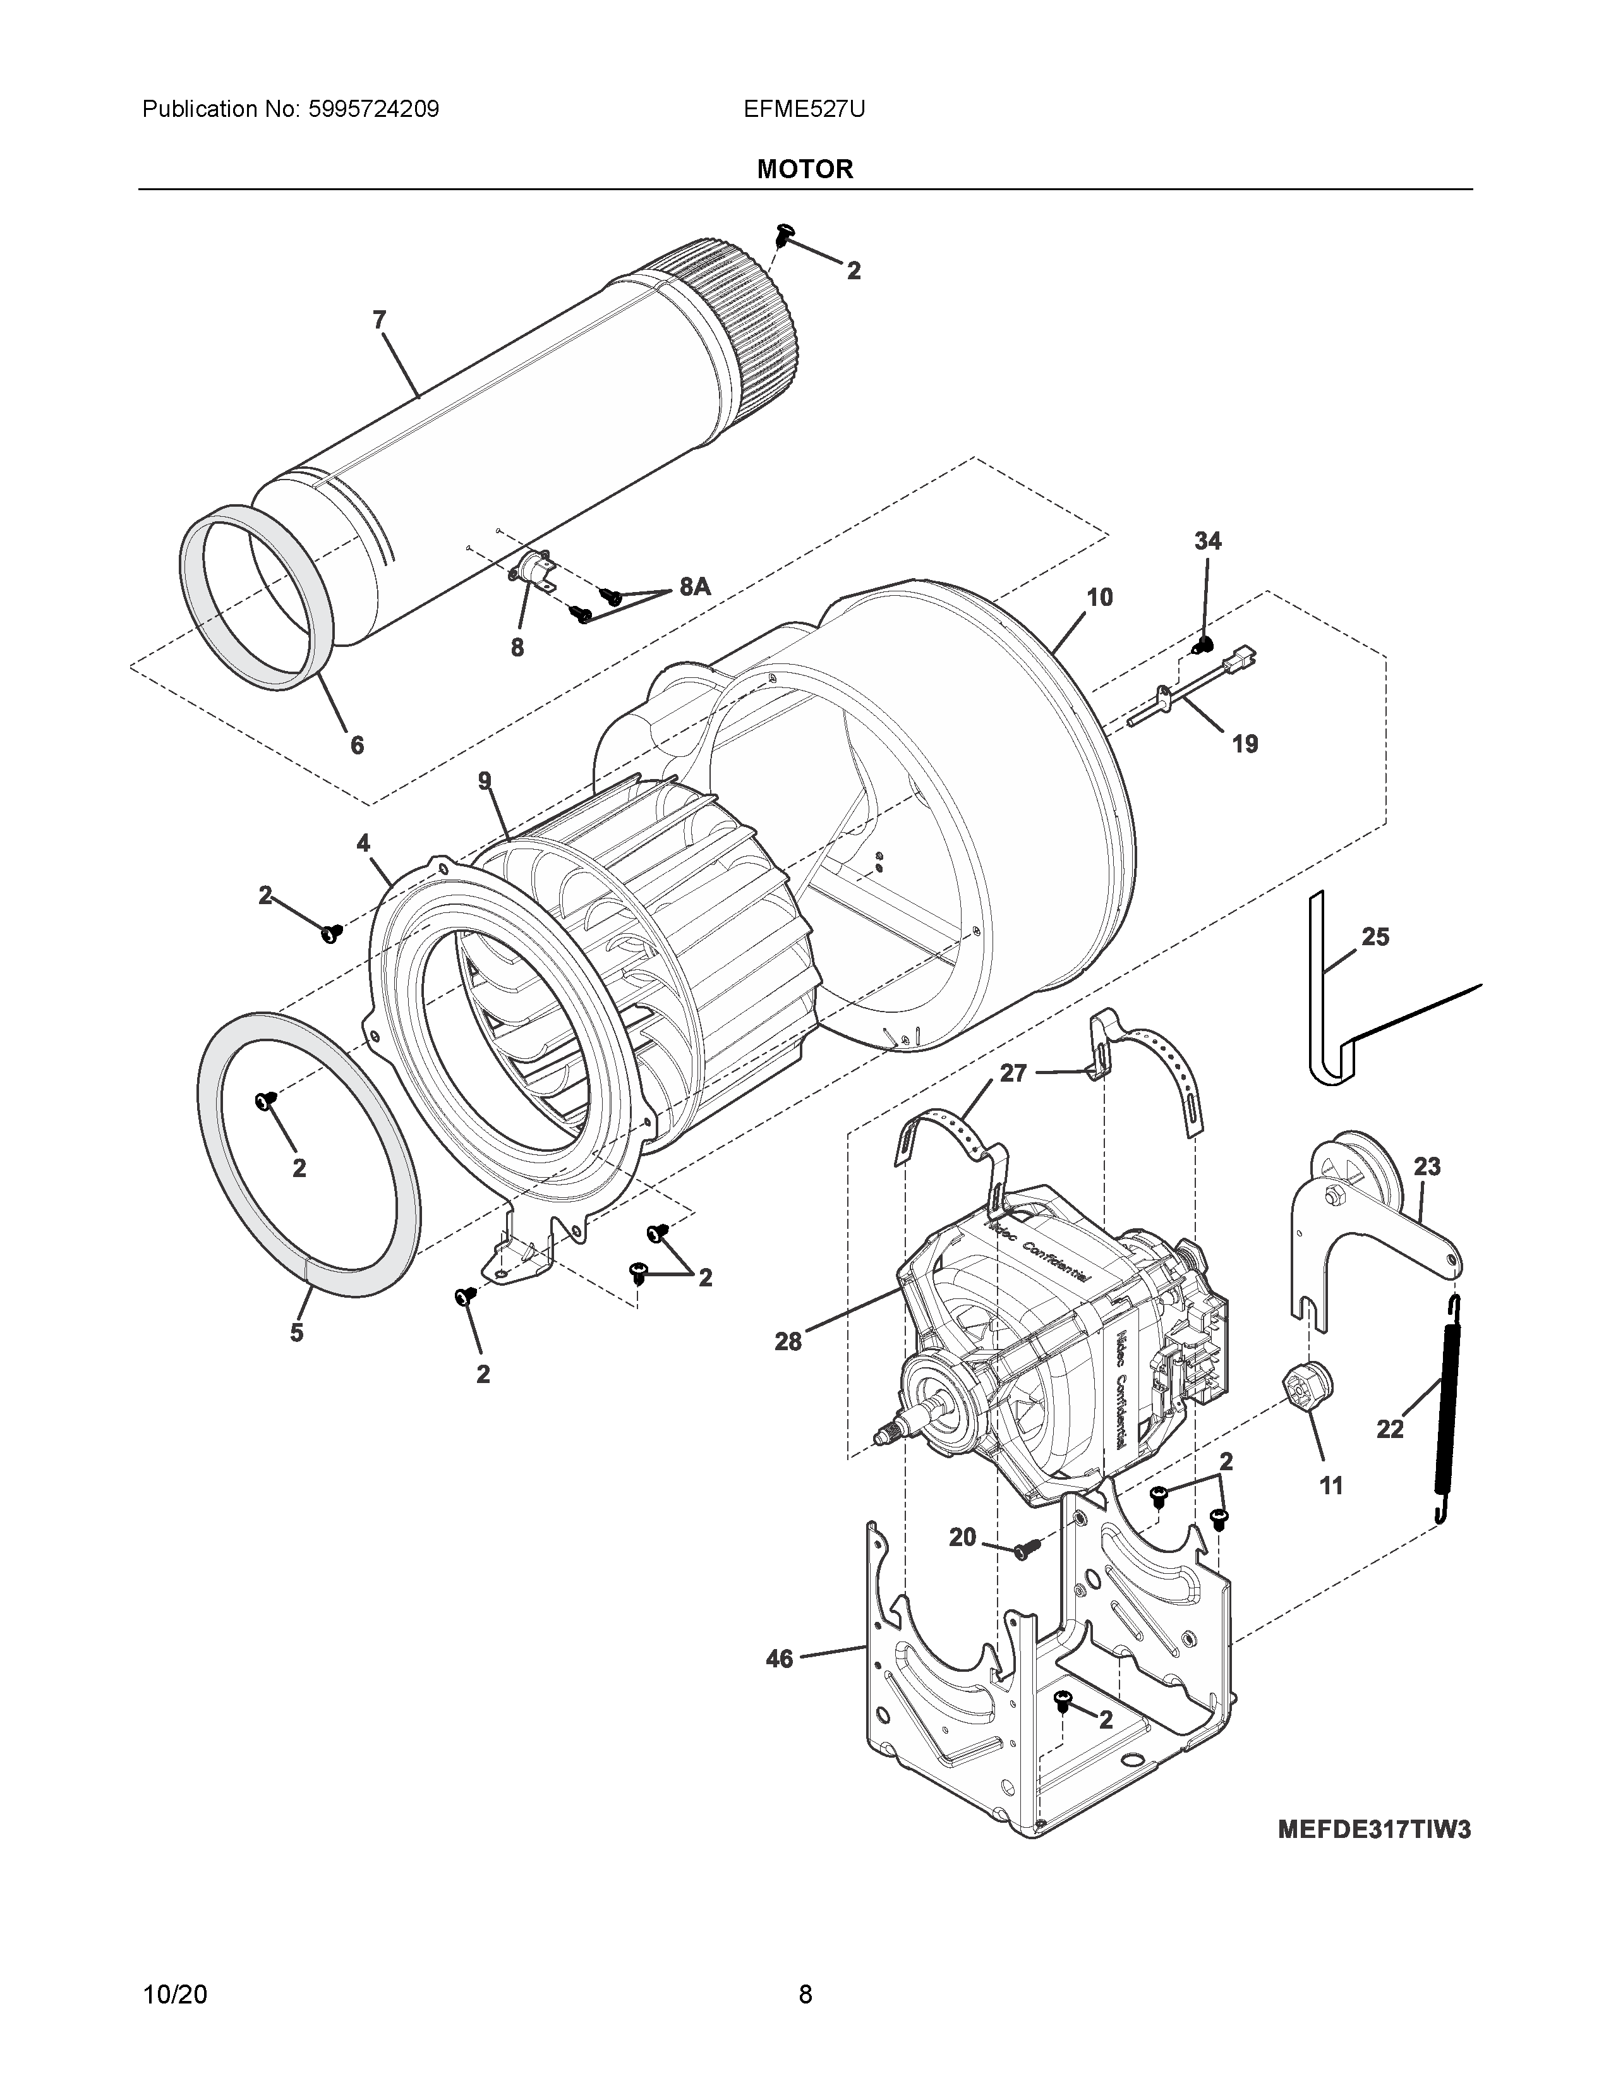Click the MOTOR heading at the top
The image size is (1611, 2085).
[804, 169]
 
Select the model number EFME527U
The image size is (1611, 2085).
[804, 109]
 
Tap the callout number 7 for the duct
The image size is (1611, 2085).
[379, 320]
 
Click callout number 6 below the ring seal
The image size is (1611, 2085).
[357, 745]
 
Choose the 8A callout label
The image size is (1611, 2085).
[695, 586]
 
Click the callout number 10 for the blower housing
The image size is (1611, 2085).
[1099, 598]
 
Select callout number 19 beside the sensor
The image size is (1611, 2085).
[1245, 743]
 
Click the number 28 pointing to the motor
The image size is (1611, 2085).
[788, 1341]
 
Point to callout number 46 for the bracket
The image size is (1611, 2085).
[780, 1659]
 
